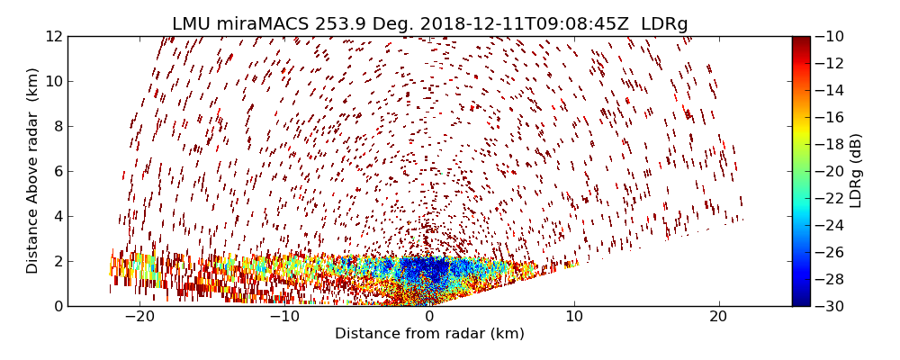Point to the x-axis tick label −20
click(x=139, y=318)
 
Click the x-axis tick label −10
click(x=283, y=318)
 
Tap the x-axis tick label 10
click(x=574, y=318)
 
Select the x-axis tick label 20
click(x=719, y=318)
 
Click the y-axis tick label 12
click(x=53, y=37)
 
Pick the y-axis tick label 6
click(x=57, y=171)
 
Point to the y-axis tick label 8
click(x=57, y=126)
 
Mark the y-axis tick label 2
click(x=57, y=261)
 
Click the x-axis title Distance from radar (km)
click(x=429, y=334)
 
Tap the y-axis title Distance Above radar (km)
click(x=33, y=171)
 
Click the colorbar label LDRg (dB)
click(x=856, y=171)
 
